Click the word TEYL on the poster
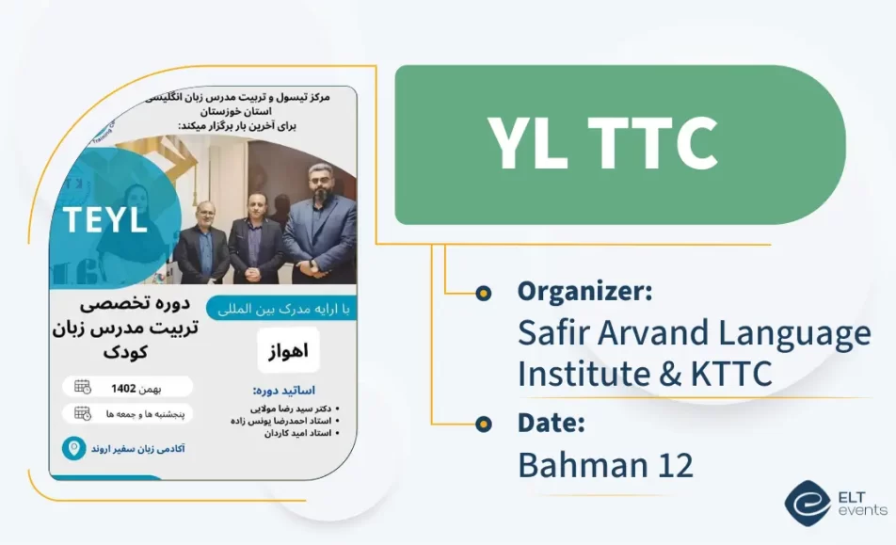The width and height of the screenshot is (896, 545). click(x=105, y=219)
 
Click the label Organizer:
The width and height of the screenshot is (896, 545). click(x=584, y=292)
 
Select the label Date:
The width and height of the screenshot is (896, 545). click(x=552, y=423)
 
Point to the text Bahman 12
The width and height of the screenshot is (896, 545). click(x=605, y=465)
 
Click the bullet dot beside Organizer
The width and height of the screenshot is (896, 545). click(x=484, y=293)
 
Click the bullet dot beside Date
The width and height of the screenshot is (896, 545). click(x=484, y=424)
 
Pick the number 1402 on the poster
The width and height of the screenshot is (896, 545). click(x=124, y=387)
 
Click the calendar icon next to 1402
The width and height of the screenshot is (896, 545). click(x=82, y=386)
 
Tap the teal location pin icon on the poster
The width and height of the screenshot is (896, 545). click(x=72, y=448)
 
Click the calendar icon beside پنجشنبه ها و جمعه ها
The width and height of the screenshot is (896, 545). click(x=82, y=413)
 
